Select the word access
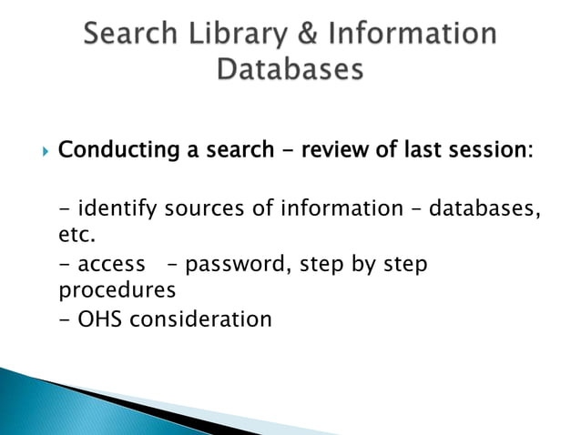point(111,265)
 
